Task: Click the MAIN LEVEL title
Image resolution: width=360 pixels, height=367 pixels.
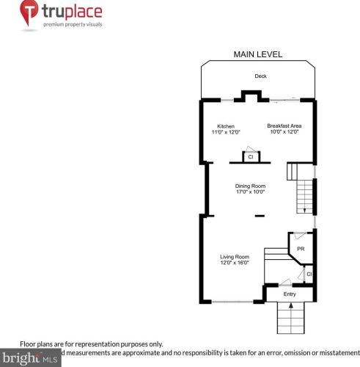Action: (x=257, y=54)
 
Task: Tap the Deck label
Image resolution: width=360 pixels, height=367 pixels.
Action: (x=260, y=76)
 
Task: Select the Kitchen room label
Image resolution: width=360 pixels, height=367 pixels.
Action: (x=226, y=126)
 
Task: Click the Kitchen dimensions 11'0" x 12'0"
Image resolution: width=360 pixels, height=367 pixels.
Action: (x=226, y=132)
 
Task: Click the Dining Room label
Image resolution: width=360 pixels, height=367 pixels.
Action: (x=250, y=186)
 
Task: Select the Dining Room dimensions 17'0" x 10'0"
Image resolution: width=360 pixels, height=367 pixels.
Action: (x=250, y=192)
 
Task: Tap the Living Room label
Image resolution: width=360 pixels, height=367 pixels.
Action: (x=235, y=256)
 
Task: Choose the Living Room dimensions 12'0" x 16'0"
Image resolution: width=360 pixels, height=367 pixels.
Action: (x=235, y=263)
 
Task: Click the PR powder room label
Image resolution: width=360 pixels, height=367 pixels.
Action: (x=300, y=249)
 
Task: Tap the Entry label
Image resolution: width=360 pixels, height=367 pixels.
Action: (x=290, y=294)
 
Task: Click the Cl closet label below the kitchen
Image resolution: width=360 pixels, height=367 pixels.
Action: (x=250, y=156)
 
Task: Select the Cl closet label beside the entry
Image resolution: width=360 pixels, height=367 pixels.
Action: (x=309, y=275)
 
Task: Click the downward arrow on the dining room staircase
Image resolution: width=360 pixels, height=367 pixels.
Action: (x=304, y=208)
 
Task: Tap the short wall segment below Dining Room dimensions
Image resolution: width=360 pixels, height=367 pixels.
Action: (x=260, y=216)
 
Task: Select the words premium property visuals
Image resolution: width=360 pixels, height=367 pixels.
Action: (x=73, y=24)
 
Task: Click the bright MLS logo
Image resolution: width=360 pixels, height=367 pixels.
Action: (x=30, y=359)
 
